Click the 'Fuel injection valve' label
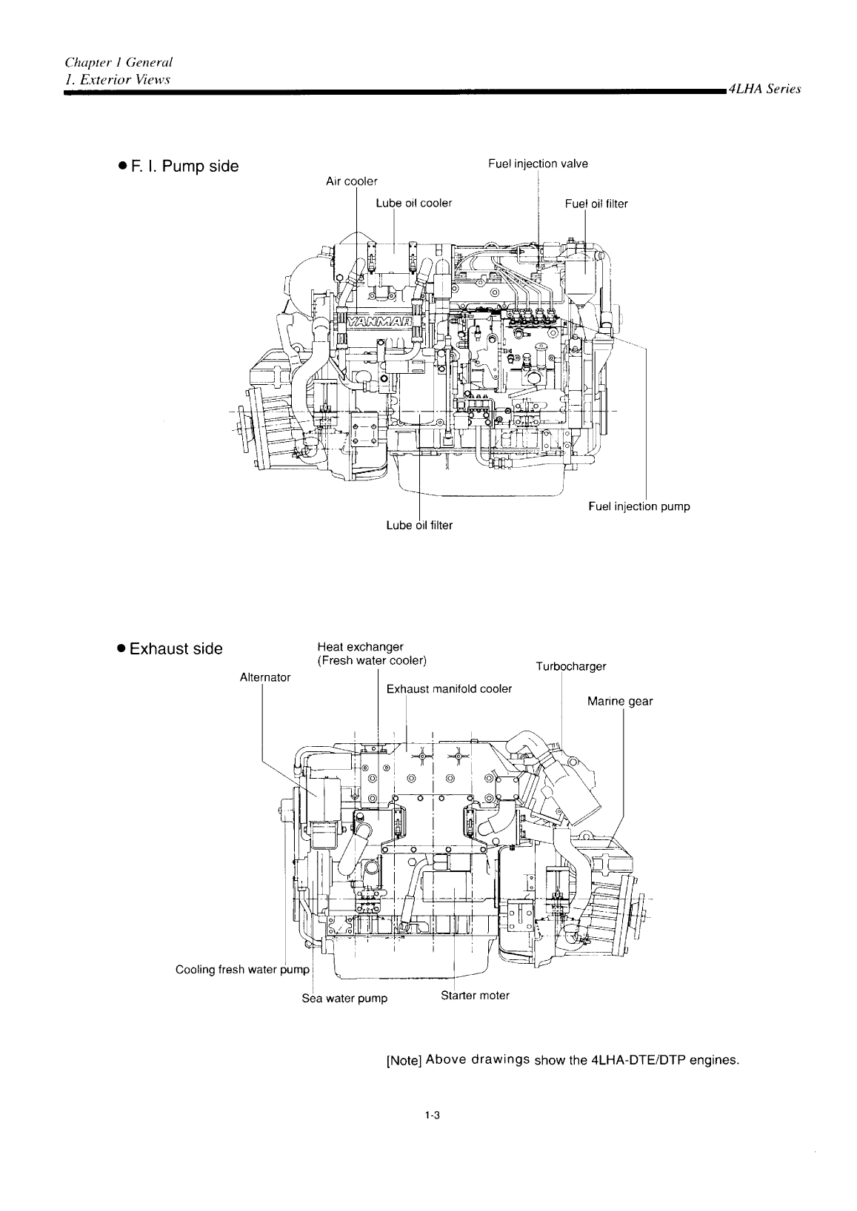tap(538, 164)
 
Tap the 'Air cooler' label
tap(352, 181)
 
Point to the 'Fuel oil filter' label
tap(596, 204)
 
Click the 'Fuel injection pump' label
tap(638, 506)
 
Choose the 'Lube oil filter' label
tap(419, 525)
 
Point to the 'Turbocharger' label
tap(570, 666)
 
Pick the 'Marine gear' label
tap(620, 701)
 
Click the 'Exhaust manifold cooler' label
tap(449, 689)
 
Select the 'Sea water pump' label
tap(344, 998)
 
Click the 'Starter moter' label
tap(475, 996)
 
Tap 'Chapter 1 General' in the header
tap(119, 64)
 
